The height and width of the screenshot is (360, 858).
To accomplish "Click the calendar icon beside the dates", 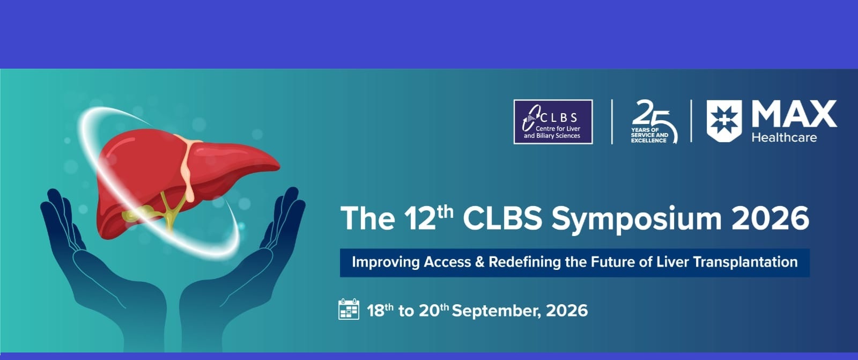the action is (x=349, y=309).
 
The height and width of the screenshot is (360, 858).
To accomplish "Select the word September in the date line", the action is (x=497, y=311).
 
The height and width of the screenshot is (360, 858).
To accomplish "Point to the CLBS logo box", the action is (x=553, y=122).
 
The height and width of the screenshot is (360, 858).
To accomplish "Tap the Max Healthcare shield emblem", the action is (x=724, y=121).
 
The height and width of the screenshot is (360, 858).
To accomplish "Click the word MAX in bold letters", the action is (x=794, y=114).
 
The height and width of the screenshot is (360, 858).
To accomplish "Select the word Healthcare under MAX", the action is (x=784, y=138).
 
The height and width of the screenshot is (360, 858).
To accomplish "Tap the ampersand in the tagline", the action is (x=479, y=262).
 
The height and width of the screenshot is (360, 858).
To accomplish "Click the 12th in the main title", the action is (x=429, y=218).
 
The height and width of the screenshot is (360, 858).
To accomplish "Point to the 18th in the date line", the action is (x=380, y=310).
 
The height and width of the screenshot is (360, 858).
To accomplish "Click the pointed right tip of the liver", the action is (x=277, y=167).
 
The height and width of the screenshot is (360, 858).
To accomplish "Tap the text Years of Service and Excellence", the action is (x=649, y=135).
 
